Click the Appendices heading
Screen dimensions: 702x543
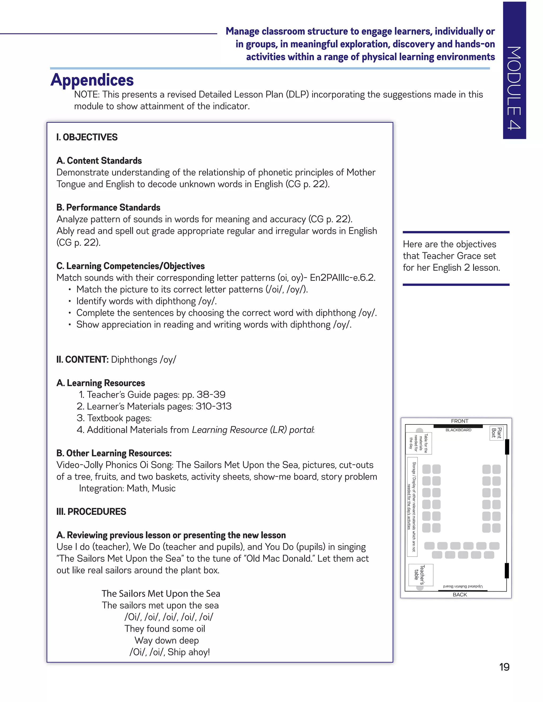[92, 80]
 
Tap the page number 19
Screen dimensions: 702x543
[504, 667]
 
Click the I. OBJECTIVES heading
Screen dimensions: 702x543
[87, 137]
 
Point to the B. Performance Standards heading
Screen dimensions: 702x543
[108, 207]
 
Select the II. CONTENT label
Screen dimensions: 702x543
[82, 359]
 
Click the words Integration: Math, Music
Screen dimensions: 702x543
[127, 488]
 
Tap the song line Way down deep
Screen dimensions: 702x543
[167, 640]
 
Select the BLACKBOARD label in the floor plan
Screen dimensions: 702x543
[458, 430]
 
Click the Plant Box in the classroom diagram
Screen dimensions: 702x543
[496, 433]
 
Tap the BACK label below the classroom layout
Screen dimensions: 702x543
[460, 595]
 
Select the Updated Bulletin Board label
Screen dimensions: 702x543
[463, 586]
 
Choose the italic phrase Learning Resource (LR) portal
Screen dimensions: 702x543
[252, 430]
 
